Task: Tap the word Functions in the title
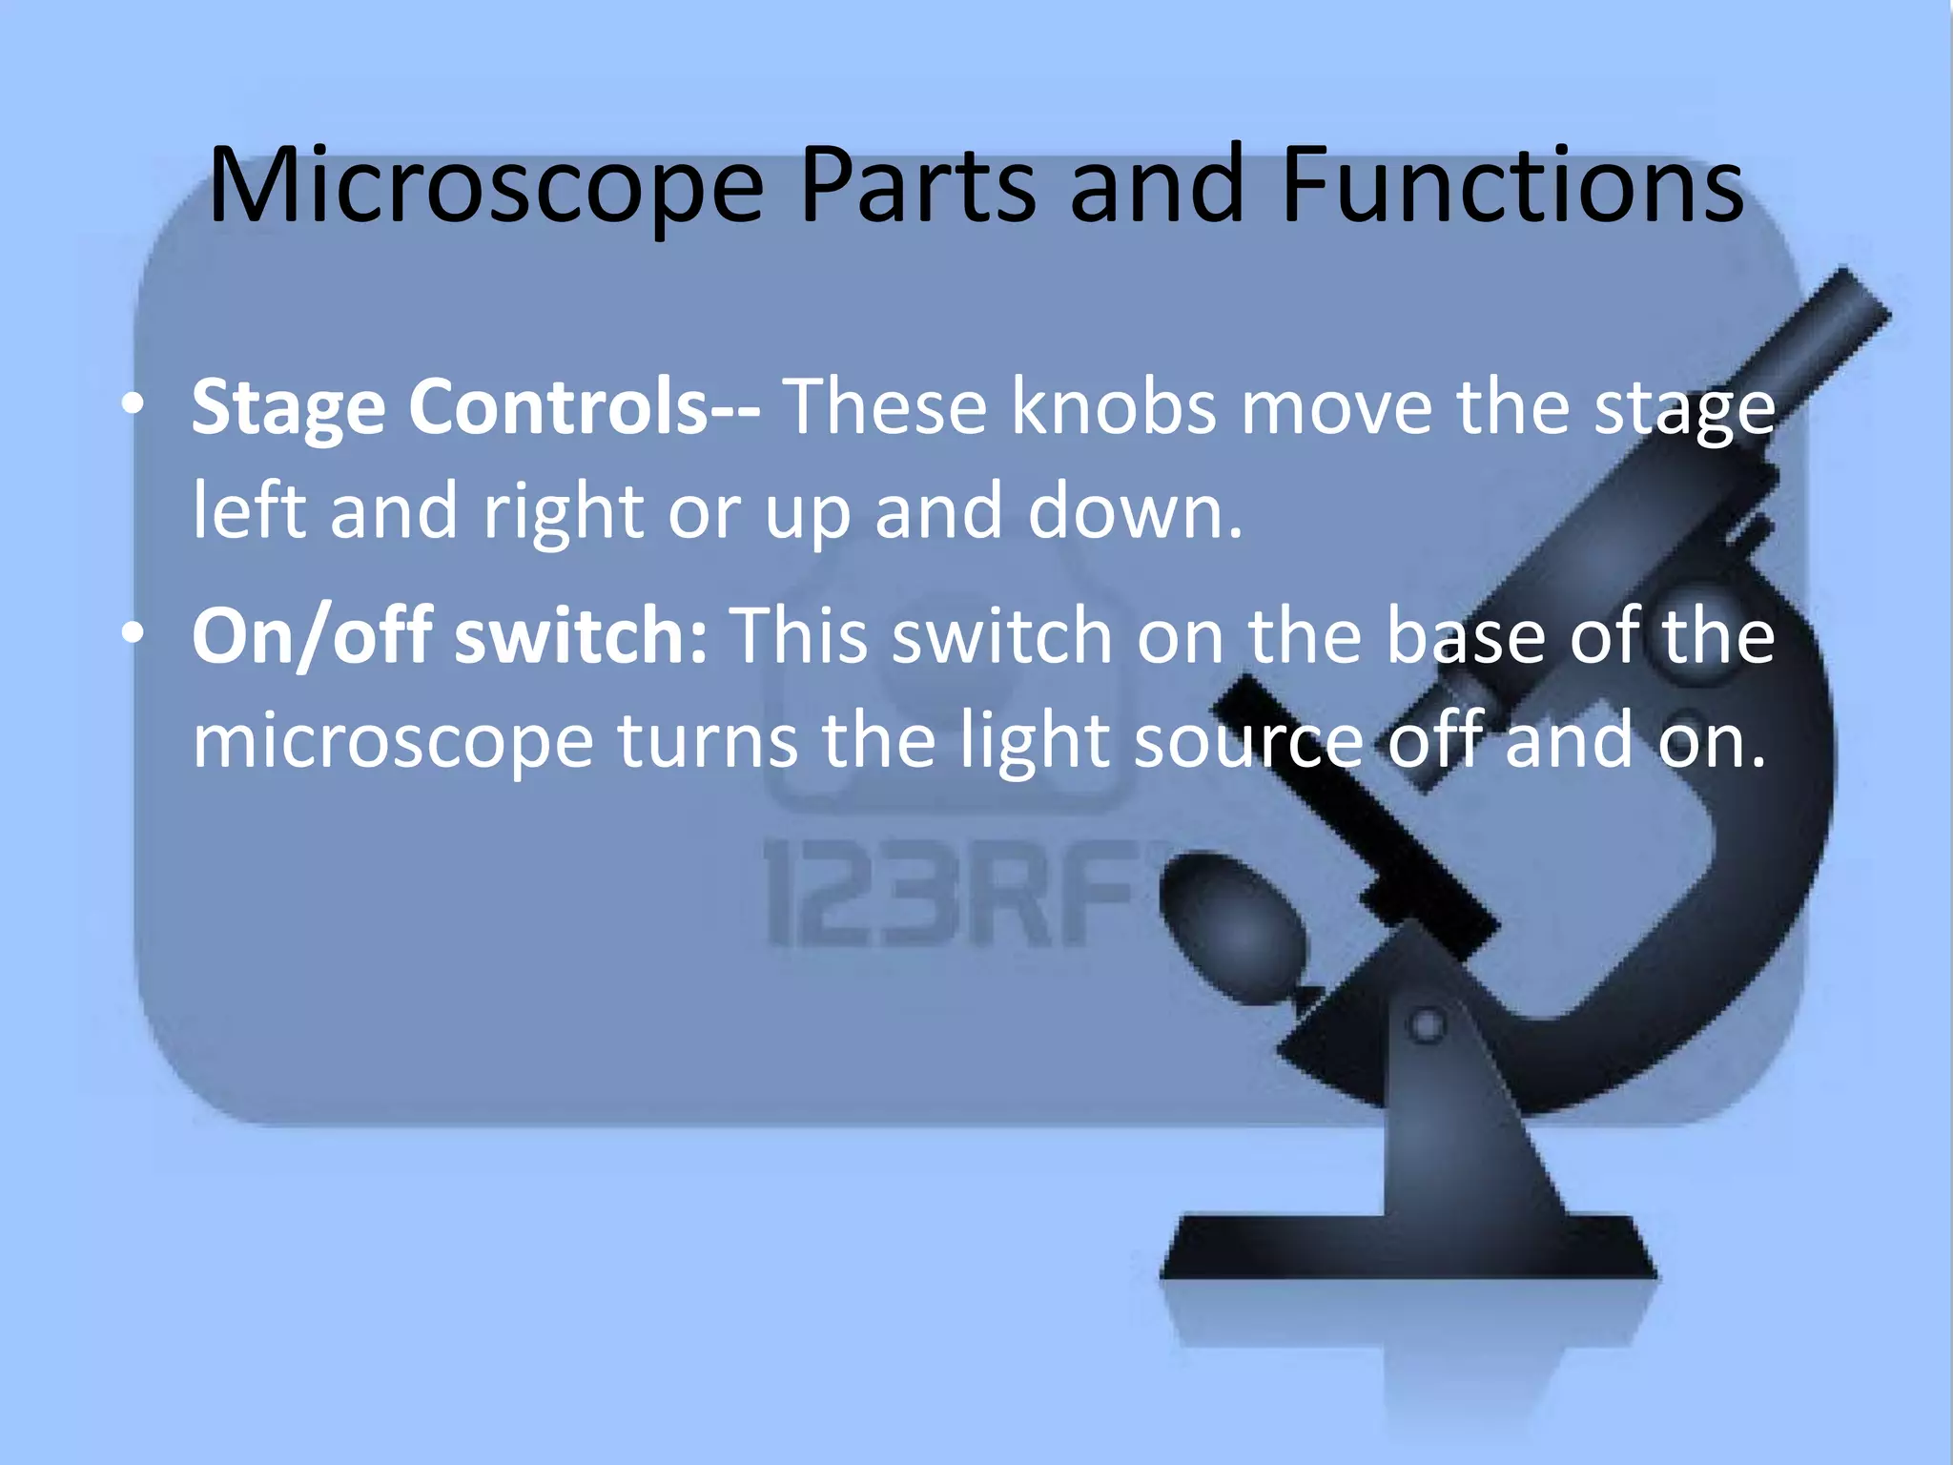pyautogui.click(x=1512, y=186)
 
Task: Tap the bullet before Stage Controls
pyautogui.click(x=134, y=405)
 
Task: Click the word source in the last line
pyautogui.click(x=1249, y=741)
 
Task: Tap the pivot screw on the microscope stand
pyautogui.click(x=1427, y=1026)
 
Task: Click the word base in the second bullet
pyautogui.click(x=1465, y=636)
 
